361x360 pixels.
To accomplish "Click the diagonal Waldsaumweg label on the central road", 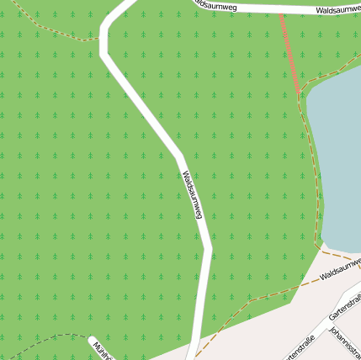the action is [x=193, y=195].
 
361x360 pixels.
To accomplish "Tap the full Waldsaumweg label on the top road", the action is [x=338, y=10].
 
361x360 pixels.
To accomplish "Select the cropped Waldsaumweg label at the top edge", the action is [x=214, y=5].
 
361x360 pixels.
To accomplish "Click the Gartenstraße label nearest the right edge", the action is [x=345, y=305].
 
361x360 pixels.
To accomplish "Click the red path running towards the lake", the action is [x=289, y=50].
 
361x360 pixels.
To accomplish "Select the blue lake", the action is [x=337, y=160].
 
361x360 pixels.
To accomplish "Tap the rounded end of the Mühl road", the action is [x=93, y=341].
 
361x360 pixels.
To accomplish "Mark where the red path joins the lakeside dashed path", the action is [x=300, y=93].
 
